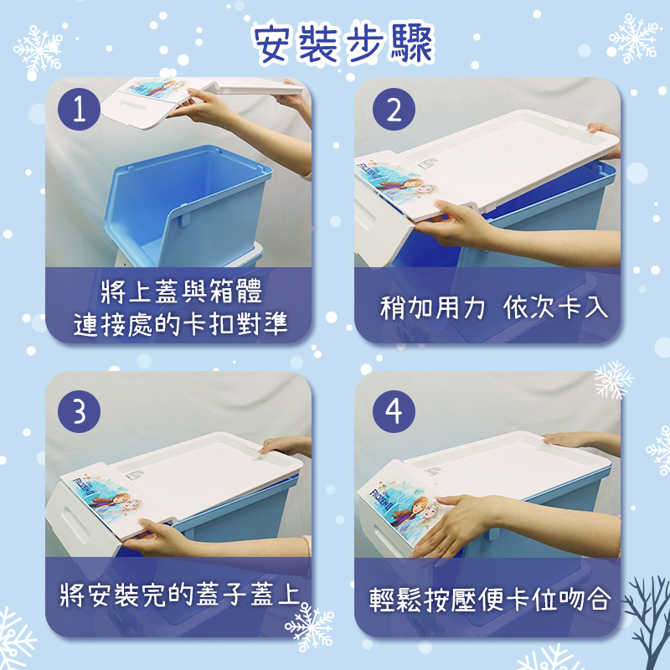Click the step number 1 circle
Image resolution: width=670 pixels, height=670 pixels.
pos(79,110)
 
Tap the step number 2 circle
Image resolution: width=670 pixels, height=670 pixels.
pos(394,110)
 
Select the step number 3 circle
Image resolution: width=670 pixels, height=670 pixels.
pos(79,411)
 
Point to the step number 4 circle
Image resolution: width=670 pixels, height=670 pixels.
pos(394,411)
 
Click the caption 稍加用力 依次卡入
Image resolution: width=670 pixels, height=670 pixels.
pos(493,307)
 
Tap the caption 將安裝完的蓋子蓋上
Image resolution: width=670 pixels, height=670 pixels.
pos(179,595)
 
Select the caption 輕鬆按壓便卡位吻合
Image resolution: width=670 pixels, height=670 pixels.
pos(490,599)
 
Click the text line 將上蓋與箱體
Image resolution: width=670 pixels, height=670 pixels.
pos(182,291)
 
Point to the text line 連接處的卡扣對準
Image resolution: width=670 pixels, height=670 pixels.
pos(180,324)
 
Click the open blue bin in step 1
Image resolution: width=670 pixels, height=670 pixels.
pos(188,206)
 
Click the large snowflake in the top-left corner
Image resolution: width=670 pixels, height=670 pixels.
pos(39,52)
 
